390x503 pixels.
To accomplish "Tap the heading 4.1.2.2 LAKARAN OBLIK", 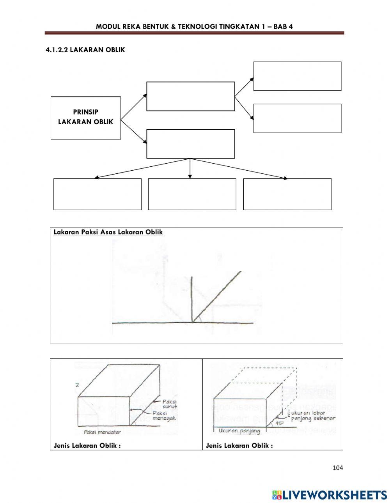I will pyautogui.click(x=85, y=50).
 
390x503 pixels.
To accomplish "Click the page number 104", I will pyautogui.click(x=338, y=468).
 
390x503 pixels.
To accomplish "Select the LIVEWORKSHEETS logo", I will pyautogui.click(x=330, y=495).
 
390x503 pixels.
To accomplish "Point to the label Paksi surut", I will pyautogui.click(x=170, y=404).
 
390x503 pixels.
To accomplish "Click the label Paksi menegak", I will pyautogui.click(x=165, y=416).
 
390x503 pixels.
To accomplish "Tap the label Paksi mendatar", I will pyautogui.click(x=102, y=432).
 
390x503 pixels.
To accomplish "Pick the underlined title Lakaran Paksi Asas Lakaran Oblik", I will pyautogui.click(x=108, y=232).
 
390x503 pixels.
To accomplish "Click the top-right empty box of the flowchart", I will pyautogui.click(x=297, y=76).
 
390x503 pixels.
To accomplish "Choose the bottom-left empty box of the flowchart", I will pyautogui.click(x=97, y=194).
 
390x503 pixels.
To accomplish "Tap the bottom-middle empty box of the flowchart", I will pyautogui.click(x=192, y=194).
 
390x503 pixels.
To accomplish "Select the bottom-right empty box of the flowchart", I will pyautogui.click(x=287, y=194).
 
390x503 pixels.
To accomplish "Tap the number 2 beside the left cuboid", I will pyautogui.click(x=77, y=385).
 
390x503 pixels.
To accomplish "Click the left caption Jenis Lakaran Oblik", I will pyautogui.click(x=87, y=445).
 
